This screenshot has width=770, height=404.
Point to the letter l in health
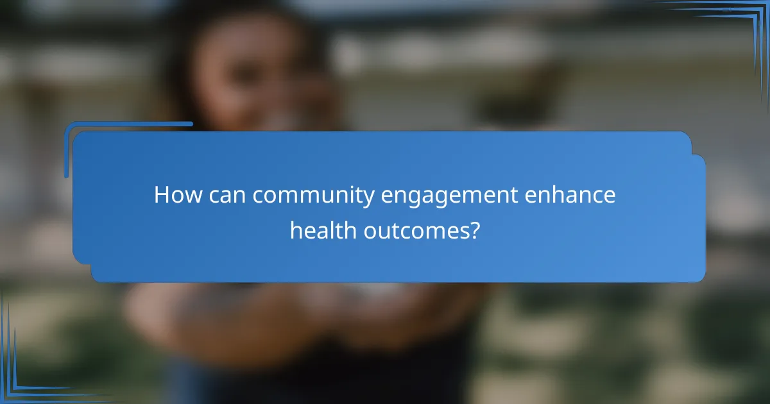click(x=334, y=229)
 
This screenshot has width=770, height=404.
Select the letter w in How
click(x=192, y=196)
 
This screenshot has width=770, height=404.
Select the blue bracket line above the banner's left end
click(x=128, y=124)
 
